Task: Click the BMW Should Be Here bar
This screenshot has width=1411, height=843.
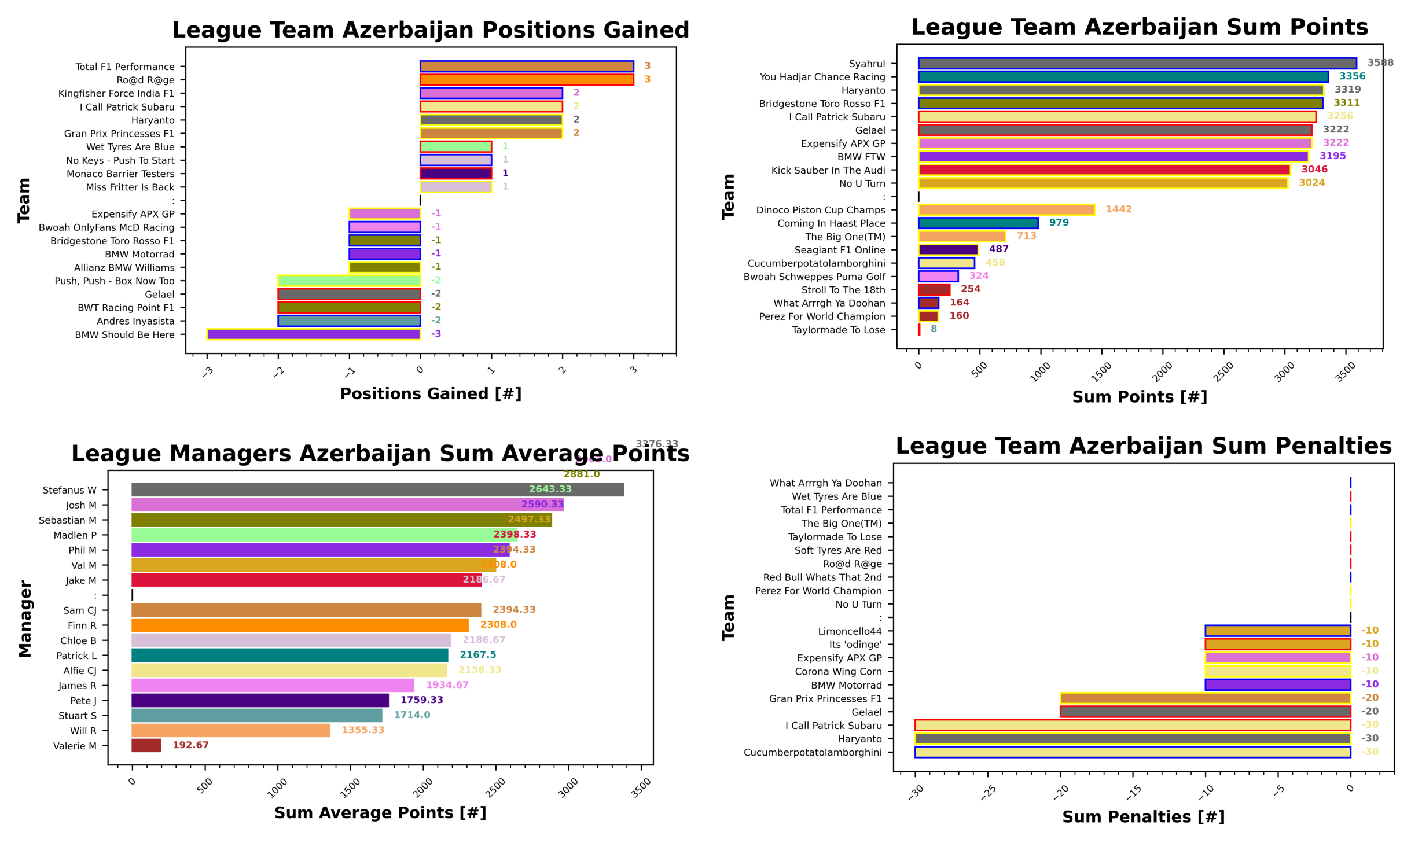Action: point(313,334)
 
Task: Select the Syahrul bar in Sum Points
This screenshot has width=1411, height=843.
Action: point(1136,63)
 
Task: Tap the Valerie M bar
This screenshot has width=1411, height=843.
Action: point(146,745)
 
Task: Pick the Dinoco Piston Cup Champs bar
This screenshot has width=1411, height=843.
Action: point(1006,209)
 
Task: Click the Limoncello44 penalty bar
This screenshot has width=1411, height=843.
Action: point(1277,631)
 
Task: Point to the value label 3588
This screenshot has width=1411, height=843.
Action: point(1380,62)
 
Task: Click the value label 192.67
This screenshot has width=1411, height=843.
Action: point(190,745)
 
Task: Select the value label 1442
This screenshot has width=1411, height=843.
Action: point(1118,209)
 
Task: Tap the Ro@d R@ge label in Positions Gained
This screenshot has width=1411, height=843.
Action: point(145,80)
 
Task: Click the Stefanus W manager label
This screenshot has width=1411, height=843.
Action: point(69,490)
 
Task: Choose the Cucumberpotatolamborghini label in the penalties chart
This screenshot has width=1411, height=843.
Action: point(812,752)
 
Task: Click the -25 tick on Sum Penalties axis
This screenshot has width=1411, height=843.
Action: point(987,792)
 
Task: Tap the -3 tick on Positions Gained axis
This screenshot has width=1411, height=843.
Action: point(207,371)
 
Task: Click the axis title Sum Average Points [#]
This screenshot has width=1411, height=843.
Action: point(380,812)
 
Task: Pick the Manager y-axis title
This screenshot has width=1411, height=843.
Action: point(25,619)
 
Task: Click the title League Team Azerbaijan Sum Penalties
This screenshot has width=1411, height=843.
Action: point(1143,446)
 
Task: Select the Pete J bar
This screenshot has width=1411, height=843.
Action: point(260,700)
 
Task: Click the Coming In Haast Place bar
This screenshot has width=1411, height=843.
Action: point(978,223)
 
